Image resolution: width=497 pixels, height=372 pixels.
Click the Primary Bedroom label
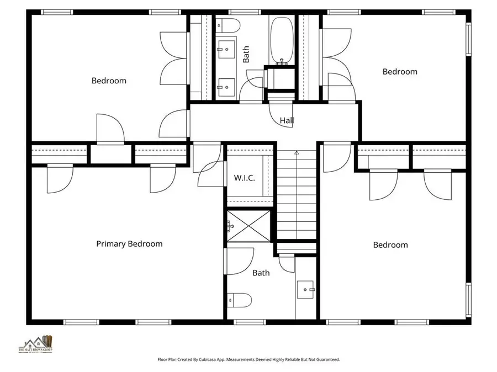129,243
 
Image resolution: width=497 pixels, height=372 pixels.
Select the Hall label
287,120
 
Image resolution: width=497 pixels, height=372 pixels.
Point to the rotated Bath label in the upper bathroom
246,54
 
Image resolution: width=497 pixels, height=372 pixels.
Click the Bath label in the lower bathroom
261,273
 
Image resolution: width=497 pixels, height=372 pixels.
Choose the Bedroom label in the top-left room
109,81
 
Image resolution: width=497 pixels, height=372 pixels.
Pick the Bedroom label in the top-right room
400,71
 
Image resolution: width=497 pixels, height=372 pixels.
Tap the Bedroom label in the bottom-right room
390,245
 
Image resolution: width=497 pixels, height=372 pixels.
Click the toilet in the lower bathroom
239,300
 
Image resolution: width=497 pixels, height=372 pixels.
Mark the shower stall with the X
248,226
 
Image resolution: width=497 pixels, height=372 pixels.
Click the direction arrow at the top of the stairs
297,153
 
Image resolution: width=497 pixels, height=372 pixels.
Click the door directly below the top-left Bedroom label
109,128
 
